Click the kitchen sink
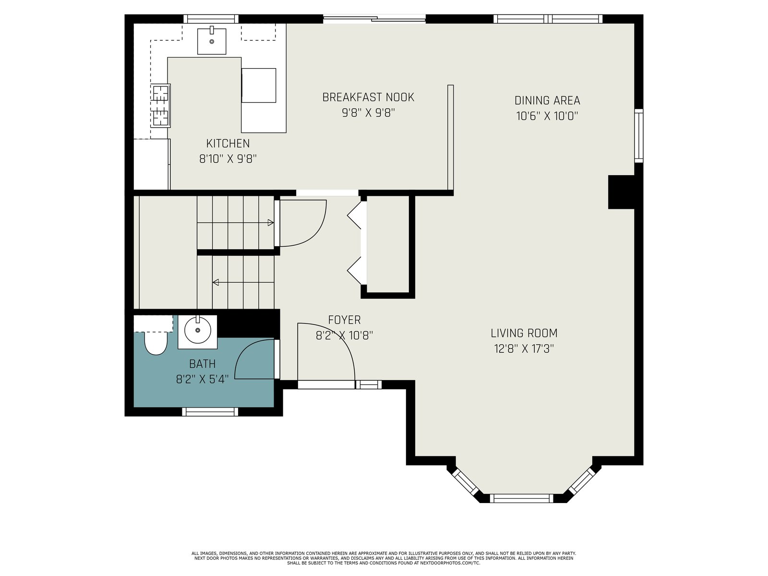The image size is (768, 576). pos(211,41)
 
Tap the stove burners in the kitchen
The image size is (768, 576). pos(161,106)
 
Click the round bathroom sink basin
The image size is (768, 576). pos(198,330)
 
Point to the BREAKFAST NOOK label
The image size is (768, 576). pos(368,97)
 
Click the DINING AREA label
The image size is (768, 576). pos(547,101)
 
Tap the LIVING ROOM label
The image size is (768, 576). pos(524,333)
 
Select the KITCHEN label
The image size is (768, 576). pos(228,144)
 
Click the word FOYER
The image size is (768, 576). pos(344,320)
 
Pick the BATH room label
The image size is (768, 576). pos(202,364)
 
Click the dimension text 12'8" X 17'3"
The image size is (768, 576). pos(524,348)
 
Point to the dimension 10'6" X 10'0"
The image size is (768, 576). pos(547,116)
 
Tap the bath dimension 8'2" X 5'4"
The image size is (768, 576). pos(202,379)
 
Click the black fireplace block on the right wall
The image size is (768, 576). pos(621,192)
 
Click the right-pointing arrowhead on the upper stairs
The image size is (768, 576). pos(270,222)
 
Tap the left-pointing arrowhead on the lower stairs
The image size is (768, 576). pos(216,282)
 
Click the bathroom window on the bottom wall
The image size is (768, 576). pos(210,412)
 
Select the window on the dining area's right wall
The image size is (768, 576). pos(639,136)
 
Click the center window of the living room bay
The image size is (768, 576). pos(522,498)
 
